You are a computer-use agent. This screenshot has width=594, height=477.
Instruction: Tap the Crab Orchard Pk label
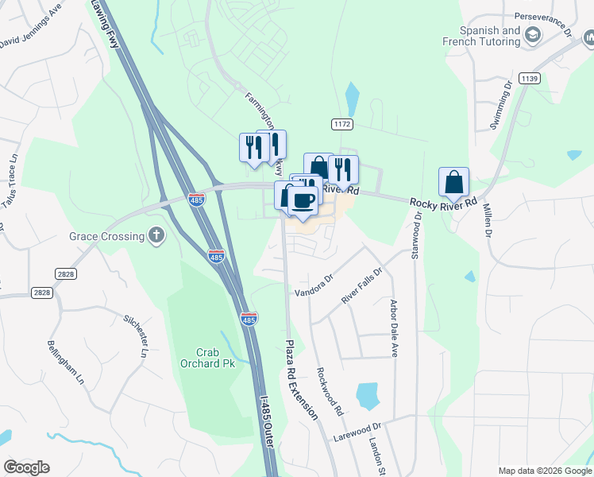[x=195, y=359]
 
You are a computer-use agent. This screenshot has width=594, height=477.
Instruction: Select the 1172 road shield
[x=341, y=125]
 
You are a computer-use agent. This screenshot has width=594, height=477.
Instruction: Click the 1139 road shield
[x=530, y=79]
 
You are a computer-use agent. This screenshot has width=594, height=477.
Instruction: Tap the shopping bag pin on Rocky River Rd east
[x=453, y=182]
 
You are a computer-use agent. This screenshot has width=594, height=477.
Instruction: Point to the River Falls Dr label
[x=362, y=284]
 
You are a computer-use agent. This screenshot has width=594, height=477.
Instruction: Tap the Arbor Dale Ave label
[x=393, y=328]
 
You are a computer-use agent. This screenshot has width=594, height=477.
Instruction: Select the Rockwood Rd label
[x=328, y=391]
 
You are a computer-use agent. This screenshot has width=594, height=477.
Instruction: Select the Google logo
[x=26, y=467]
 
